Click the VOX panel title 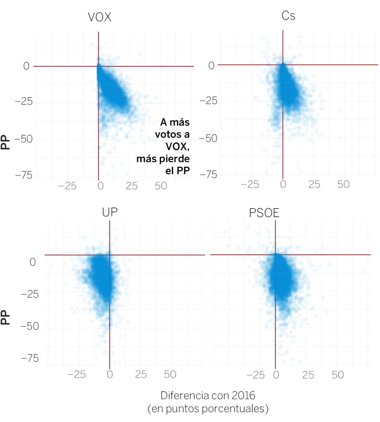pos(99,17)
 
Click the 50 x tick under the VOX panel pos(161,186)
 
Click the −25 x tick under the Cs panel pos(250,184)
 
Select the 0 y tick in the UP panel pos(33,263)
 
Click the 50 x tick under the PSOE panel pos(338,375)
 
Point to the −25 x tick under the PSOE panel pos(256,375)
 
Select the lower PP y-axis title pos(5,317)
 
